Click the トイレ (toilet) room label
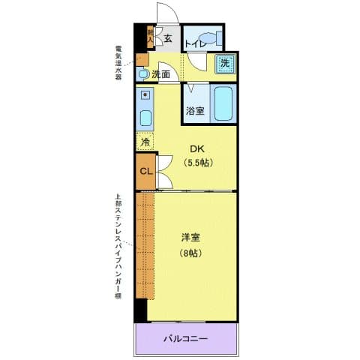(x=193, y=44)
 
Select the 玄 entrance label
(x=168, y=38)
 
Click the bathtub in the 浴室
(x=223, y=104)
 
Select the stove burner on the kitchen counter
(x=145, y=96)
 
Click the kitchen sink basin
(x=145, y=118)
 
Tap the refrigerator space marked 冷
(x=144, y=142)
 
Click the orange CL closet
(x=146, y=172)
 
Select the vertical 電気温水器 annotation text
(x=118, y=66)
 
